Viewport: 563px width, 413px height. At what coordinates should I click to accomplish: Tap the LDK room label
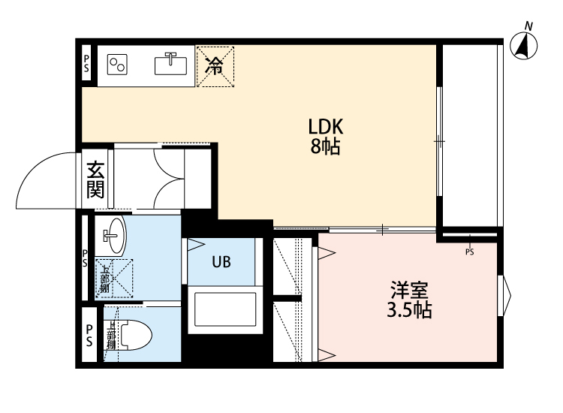coord(326,125)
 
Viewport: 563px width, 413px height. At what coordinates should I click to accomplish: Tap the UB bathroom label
coord(221,262)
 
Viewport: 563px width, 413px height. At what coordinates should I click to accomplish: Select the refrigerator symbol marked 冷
coord(215,66)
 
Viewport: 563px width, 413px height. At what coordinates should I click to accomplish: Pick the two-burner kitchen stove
coord(118,65)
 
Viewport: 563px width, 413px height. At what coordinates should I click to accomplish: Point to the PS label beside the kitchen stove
coord(86,62)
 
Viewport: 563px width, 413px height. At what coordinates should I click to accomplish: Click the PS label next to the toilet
coord(89,335)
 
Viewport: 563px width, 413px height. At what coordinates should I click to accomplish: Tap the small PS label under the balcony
coord(470,252)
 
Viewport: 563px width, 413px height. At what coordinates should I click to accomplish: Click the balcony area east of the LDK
coord(470,135)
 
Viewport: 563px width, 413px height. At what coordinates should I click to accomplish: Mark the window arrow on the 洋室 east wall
coord(506,294)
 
